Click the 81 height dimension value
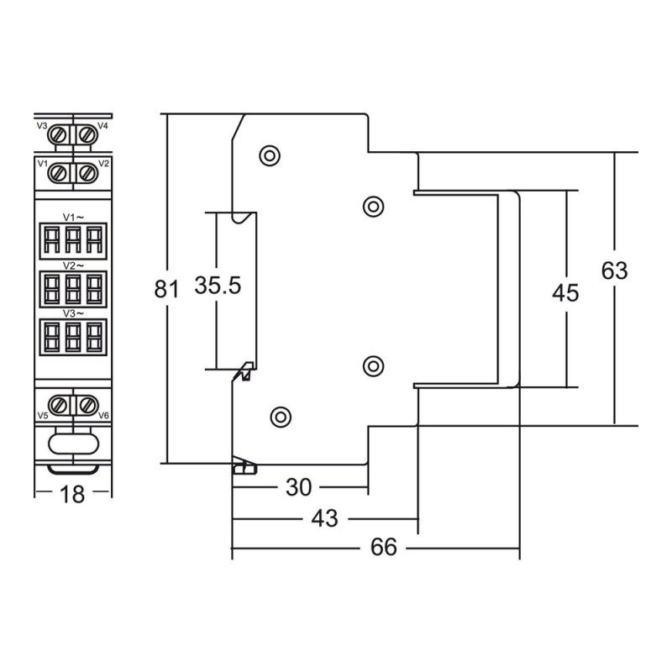tap(166, 289)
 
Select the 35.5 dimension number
tap(218, 286)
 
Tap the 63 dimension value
tap(614, 270)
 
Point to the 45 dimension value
tap(565, 293)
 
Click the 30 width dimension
tap(298, 487)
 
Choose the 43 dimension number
tap(324, 518)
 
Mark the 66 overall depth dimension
tap(384, 548)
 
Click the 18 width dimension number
tap(72, 495)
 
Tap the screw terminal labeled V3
tap(58, 135)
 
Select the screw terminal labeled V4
tap(88, 135)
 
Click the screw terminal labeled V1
tap(58, 173)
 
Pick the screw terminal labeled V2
tap(88, 173)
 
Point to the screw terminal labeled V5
tap(58, 405)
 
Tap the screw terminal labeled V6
tap(88, 405)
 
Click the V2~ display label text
tap(73, 265)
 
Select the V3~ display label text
tap(73, 313)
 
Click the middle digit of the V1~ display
tap(73, 240)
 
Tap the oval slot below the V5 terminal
tap(73, 444)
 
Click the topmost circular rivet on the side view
tap(270, 155)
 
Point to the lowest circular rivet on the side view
tap(281, 417)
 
